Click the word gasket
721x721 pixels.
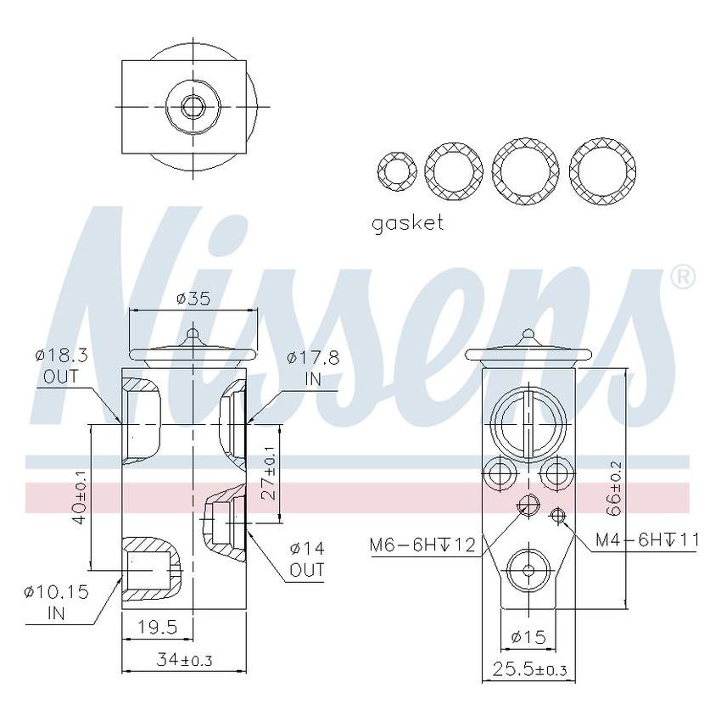click(407, 223)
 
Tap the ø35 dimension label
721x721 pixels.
click(193, 299)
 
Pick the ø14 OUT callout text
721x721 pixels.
click(307, 559)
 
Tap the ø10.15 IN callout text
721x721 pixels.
click(58, 600)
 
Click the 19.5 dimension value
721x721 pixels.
click(158, 627)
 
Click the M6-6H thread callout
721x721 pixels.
click(422, 544)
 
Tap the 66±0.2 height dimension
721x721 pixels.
click(615, 489)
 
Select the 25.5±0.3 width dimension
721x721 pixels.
click(529, 669)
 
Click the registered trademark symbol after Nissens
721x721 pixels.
click(683, 277)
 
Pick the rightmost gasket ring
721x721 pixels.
click(603, 170)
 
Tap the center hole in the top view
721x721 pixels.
click(193, 108)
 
